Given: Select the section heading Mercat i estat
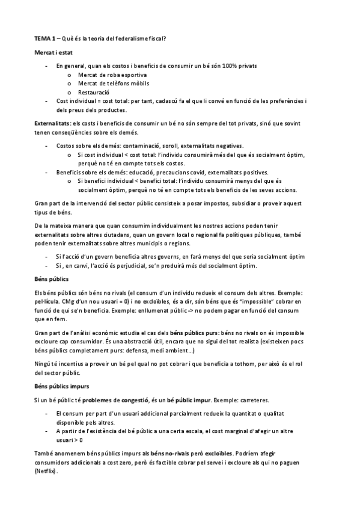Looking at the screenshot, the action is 52,53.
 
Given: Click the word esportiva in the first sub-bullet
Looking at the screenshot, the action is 127,74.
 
